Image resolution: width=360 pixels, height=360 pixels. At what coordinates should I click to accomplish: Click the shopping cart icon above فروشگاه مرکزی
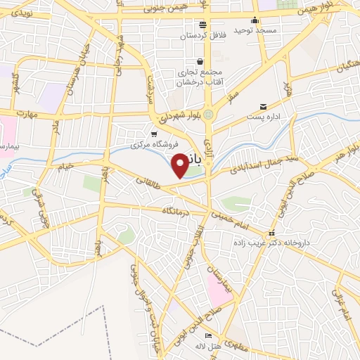point(154,134)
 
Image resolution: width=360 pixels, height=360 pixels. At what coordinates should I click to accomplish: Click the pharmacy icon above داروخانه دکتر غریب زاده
point(272,233)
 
